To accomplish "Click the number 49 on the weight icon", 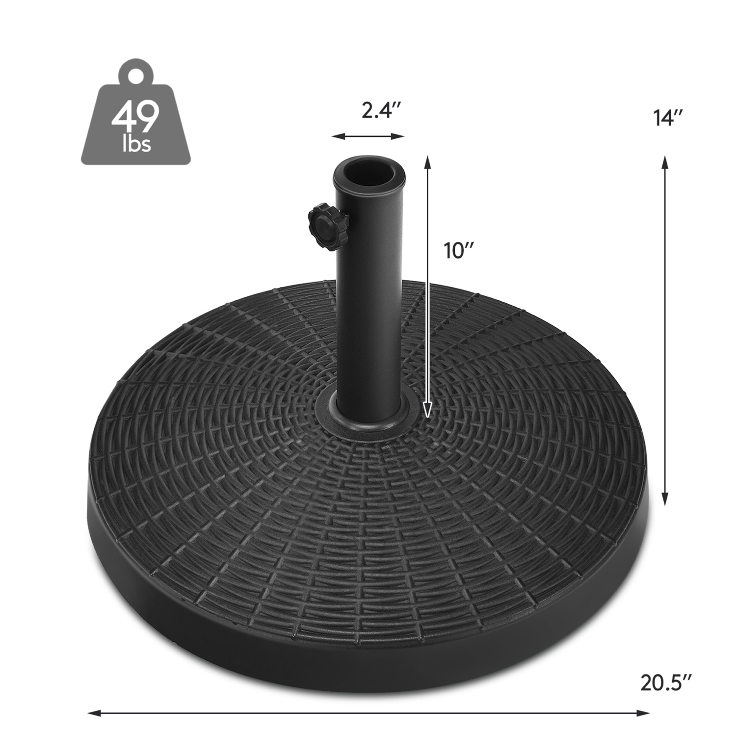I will [135, 116].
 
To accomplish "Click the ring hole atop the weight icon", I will [136, 74].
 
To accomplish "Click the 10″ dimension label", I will [458, 251].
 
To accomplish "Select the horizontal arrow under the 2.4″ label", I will [368, 136].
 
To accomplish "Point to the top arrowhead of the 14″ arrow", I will [665, 162].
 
